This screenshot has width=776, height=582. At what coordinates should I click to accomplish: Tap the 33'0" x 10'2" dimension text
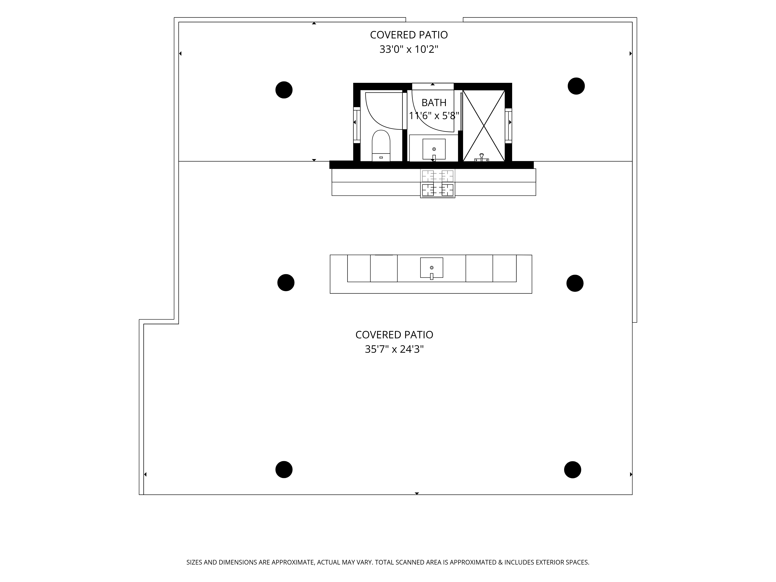coord(409,49)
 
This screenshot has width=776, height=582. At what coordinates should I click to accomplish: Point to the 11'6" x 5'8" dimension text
coord(434,115)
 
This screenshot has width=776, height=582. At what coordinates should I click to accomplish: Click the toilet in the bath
coord(381,145)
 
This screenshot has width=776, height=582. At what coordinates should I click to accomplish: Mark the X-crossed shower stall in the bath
coord(484,126)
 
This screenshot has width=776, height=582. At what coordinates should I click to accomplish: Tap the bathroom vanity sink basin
coord(434,149)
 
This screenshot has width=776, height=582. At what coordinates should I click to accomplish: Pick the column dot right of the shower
coord(576,86)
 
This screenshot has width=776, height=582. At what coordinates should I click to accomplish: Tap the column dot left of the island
coord(286,282)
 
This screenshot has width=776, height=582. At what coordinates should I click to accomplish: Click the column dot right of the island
coord(575,283)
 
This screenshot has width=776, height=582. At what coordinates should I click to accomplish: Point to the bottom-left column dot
coord(284,469)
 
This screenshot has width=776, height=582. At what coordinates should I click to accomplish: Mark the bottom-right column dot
coord(572,469)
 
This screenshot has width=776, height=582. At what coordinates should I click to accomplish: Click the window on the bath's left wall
coord(356,125)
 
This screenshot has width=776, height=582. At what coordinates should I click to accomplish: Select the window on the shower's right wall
coord(508,126)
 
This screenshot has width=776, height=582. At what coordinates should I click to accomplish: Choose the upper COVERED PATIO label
coord(409,35)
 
